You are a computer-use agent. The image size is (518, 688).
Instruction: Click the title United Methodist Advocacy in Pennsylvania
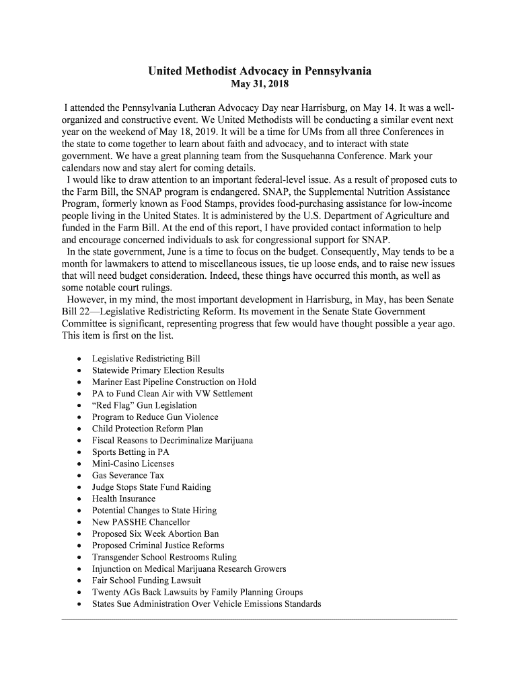[259, 71]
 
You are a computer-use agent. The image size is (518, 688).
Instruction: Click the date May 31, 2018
[259, 85]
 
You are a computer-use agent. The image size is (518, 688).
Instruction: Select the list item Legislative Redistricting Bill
[146, 359]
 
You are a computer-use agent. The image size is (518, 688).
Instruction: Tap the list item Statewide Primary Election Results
[158, 370]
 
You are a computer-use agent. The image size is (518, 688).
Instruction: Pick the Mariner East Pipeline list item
[174, 382]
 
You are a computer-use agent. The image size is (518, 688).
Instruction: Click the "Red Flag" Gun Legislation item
[145, 405]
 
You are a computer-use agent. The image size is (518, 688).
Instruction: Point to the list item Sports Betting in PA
[131, 452]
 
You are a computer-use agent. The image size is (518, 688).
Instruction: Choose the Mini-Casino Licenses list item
[133, 464]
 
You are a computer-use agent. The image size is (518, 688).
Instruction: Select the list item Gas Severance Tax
[128, 476]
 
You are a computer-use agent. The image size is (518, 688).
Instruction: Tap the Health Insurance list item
[124, 499]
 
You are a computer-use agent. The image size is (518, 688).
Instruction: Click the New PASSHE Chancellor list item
[141, 522]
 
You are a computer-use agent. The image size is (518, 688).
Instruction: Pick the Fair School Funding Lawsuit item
[147, 580]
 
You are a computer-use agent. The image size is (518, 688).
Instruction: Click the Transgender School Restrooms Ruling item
[164, 557]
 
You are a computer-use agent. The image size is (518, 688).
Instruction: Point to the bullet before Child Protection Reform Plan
[79, 429]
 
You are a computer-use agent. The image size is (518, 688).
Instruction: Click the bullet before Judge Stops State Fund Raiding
[79, 488]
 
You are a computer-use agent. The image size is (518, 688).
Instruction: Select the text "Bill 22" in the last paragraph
[77, 312]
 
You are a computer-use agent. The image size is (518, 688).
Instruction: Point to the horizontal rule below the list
[259, 617]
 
